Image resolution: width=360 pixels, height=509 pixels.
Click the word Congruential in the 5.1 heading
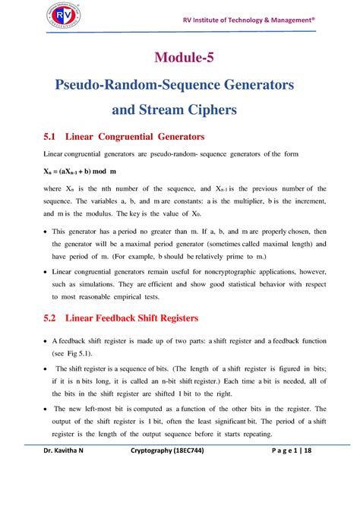click(x=125, y=137)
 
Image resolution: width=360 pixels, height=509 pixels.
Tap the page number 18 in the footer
click(x=321, y=472)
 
